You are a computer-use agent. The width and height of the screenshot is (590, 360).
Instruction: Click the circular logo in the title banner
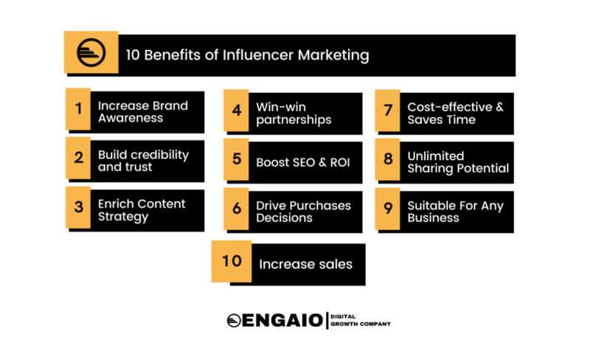pos(91,52)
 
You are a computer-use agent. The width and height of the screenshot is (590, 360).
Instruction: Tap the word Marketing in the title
pos(333,56)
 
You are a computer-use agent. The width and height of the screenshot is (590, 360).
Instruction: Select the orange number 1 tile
pos(78,109)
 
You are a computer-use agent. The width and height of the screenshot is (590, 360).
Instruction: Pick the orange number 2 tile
pos(78,158)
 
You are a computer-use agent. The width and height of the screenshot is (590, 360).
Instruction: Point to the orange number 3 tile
pos(78,207)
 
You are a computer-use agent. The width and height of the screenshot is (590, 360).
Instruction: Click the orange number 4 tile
pos(236,111)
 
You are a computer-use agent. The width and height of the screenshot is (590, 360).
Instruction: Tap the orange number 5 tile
pos(236,159)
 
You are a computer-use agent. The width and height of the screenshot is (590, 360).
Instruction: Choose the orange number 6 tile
pos(236,209)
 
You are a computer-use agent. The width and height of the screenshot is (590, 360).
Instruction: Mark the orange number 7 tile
pos(388,111)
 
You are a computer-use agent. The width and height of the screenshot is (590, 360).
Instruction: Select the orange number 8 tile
pos(388,159)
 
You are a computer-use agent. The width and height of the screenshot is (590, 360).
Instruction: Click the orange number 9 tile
pos(388,209)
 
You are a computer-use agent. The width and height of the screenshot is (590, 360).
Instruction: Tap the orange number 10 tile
pos(232,261)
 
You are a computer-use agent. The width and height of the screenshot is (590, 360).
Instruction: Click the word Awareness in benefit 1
pos(131,118)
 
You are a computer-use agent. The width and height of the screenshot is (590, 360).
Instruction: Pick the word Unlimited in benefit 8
pos(436,156)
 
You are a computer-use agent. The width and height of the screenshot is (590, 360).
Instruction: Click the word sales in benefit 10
pos(336,264)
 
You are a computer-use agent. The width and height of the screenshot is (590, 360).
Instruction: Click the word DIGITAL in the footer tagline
pos(343,316)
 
